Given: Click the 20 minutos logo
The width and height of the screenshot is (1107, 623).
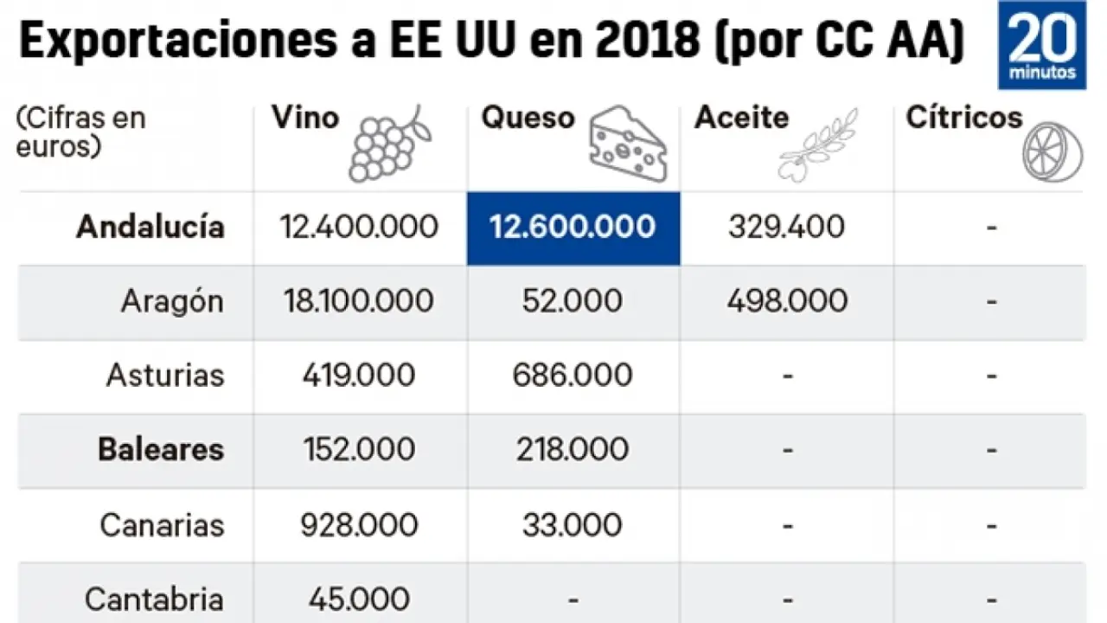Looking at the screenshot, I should pos(1041,45).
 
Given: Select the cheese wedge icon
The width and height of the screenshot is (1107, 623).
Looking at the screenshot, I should pos(626,145).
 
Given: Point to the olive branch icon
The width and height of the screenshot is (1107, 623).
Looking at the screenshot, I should pos(816,145).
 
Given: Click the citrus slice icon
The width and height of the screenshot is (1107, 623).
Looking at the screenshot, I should pos(1052,152).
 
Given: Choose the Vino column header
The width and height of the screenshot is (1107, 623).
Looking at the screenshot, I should pos(305,118).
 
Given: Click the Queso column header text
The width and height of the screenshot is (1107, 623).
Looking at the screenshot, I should pos(528,118).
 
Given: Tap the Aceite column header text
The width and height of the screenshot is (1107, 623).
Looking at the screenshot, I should pos(741,118).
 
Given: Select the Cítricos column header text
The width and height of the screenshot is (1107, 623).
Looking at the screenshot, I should pos(963,118).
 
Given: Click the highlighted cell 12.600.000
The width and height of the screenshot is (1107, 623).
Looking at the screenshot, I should pos(573,228).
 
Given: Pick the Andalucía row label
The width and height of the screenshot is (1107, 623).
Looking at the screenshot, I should pos(150,228).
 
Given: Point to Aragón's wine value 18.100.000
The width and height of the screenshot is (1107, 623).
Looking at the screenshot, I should pos(359,301).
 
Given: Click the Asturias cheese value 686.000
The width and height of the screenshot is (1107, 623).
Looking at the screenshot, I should pos(573,376).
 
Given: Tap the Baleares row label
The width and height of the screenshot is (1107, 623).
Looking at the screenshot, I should pos(161,450).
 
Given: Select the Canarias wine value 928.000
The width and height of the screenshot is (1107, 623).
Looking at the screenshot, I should pos(359,524).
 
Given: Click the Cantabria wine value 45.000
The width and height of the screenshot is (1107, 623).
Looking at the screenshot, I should pos(359,599).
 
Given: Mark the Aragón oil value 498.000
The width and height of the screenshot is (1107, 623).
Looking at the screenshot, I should pos(787,301).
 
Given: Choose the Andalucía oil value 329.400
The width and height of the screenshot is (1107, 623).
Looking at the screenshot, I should pos(786,228).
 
